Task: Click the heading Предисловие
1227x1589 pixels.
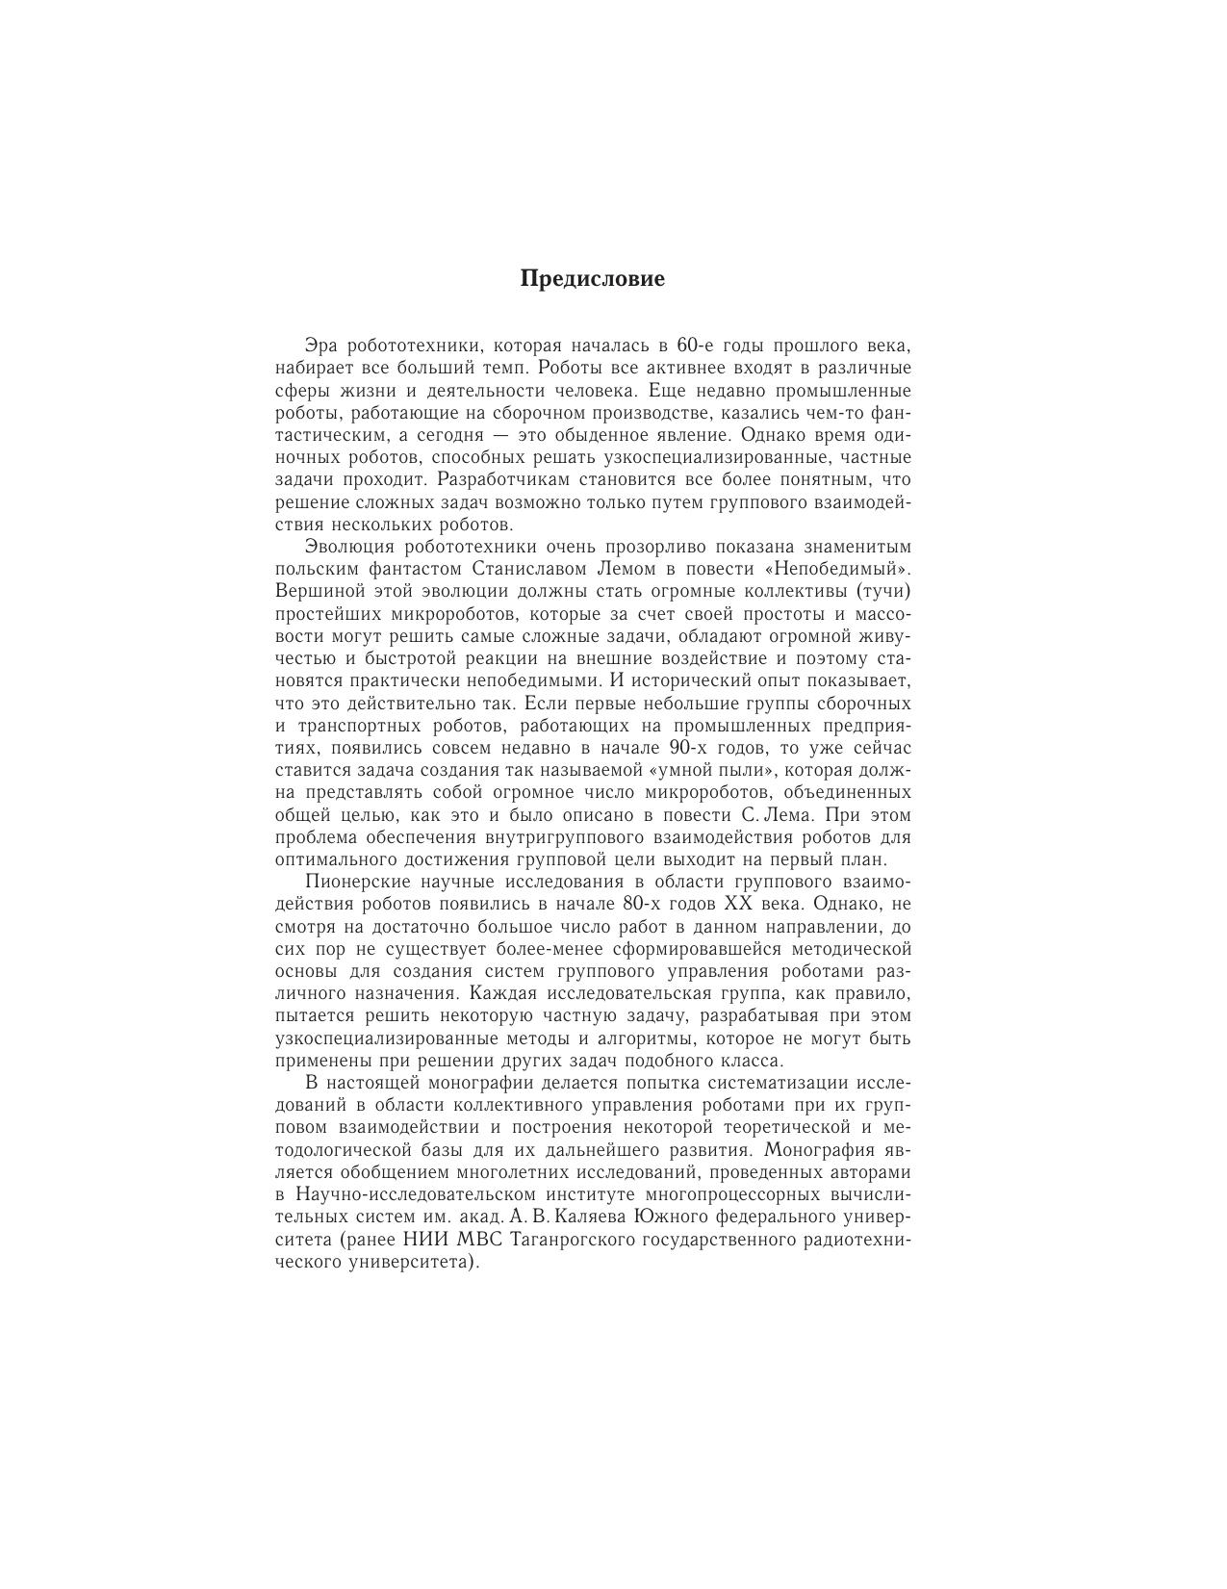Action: coord(592,279)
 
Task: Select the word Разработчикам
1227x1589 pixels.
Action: coord(518,479)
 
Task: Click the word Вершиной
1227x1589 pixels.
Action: coord(315,591)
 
